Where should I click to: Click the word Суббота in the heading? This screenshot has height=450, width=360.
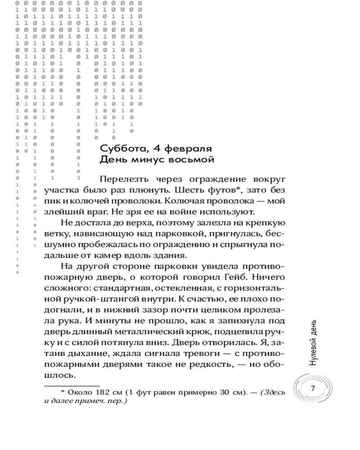(118, 148)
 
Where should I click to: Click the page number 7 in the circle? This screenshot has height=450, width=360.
(313, 388)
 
